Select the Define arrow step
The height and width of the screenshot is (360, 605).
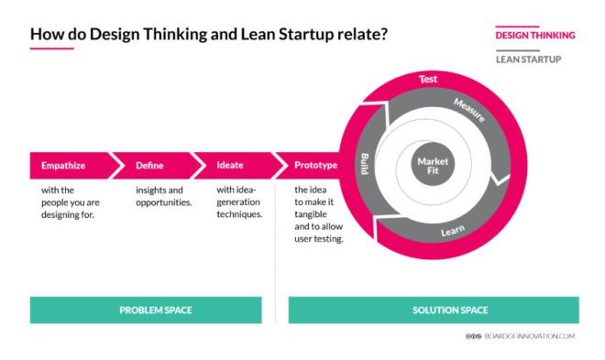coord(149,166)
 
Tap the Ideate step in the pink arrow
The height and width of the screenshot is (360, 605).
coord(230,166)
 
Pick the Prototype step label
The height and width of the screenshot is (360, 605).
coord(315,166)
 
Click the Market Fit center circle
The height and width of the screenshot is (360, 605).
coord(433,167)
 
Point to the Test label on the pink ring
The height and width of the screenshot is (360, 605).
coord(428,80)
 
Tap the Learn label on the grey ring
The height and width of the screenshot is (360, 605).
coord(452,233)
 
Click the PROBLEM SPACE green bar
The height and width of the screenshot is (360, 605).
coord(156,310)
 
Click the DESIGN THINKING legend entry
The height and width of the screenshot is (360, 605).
coord(534,36)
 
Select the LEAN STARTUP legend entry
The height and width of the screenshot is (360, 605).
coord(528,60)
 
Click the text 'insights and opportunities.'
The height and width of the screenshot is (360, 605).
coord(163,196)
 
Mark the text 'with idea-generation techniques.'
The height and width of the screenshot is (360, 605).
coord(239,202)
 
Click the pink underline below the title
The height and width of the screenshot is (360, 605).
coord(51,49)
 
